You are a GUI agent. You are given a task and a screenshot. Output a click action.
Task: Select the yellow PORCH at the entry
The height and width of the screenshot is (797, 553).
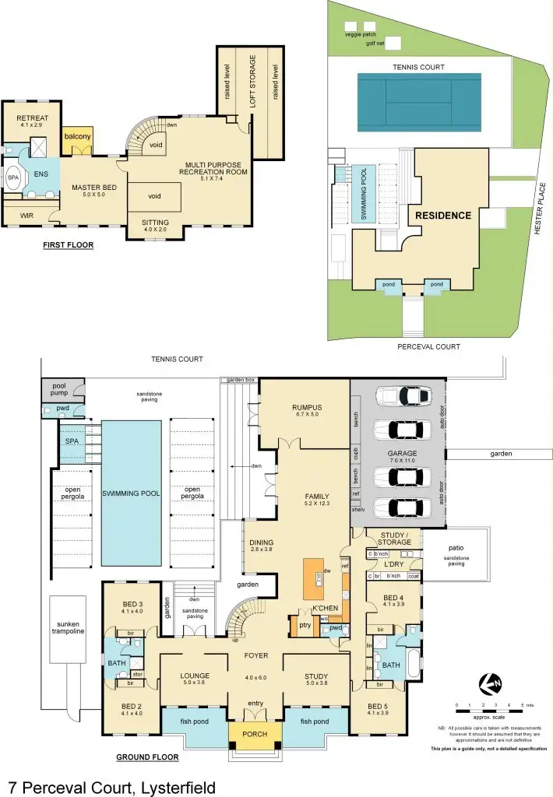point(255,734)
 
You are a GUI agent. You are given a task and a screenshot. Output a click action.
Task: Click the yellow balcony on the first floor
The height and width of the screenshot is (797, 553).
point(77,136)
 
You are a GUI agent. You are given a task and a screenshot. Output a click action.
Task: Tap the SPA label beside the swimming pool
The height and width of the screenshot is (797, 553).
point(73,441)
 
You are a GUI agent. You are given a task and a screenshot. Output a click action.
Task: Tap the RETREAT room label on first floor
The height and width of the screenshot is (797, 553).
point(31,118)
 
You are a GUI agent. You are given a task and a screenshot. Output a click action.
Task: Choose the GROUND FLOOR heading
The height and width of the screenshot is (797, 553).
point(147,757)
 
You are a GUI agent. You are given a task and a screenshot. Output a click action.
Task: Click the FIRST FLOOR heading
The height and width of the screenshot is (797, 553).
point(69,245)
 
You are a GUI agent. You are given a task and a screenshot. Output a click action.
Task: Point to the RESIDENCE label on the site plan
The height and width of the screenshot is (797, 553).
point(442,216)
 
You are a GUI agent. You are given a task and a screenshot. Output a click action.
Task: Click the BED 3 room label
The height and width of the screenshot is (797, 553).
point(132,605)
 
